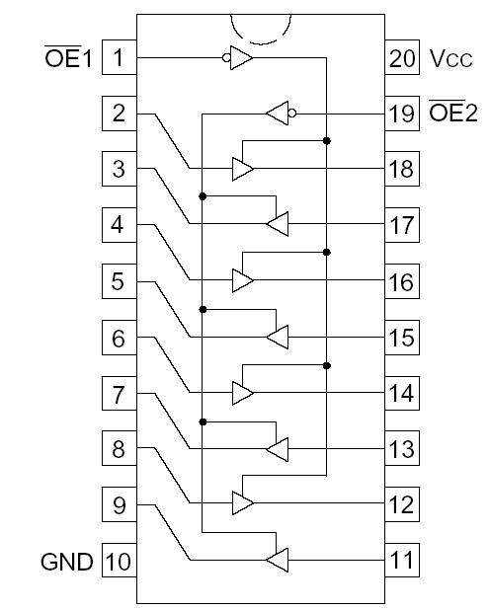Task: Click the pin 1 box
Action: tap(119, 57)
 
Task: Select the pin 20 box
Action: tap(402, 57)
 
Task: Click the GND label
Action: tap(66, 563)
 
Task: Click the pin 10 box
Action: tap(119, 563)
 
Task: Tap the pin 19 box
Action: tap(402, 114)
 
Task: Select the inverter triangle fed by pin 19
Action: tap(277, 114)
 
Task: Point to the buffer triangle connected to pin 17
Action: tap(278, 225)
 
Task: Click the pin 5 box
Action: tap(119, 282)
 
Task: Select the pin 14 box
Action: tap(402, 394)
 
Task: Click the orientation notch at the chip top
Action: tap(261, 28)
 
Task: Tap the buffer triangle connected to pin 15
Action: tap(278, 338)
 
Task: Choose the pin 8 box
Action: tap(119, 450)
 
